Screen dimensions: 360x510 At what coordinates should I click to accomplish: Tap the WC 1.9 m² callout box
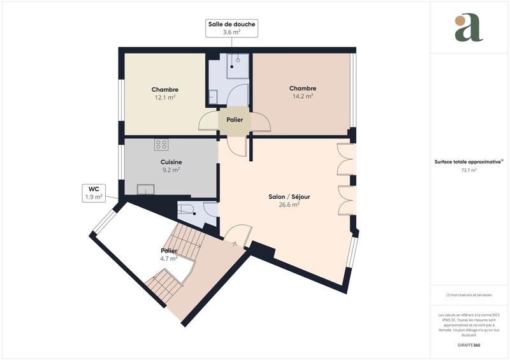click(x=94, y=193)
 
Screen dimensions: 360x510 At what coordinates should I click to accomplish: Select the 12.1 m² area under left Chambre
click(x=164, y=98)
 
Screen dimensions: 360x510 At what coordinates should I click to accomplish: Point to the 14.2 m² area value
click(x=302, y=97)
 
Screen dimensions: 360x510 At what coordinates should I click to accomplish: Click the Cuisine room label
click(x=171, y=162)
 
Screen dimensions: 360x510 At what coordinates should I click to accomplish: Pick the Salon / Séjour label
click(x=289, y=197)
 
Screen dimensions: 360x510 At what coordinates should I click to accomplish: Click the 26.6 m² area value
click(x=289, y=205)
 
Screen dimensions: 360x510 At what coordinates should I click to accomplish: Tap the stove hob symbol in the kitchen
click(x=161, y=145)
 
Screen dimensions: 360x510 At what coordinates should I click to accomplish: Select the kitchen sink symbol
click(x=146, y=189)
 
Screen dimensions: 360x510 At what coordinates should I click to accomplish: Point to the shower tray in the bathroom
click(x=237, y=63)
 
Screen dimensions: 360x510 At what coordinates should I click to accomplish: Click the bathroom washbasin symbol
click(x=212, y=97)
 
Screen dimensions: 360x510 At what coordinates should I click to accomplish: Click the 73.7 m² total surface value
click(x=469, y=170)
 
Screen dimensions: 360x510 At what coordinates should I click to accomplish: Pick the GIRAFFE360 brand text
click(x=469, y=344)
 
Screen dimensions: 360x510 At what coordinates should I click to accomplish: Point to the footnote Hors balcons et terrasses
click(x=469, y=295)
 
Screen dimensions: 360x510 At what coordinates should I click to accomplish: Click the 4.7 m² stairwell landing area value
click(x=168, y=259)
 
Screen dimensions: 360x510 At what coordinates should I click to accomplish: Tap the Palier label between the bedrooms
click(x=235, y=119)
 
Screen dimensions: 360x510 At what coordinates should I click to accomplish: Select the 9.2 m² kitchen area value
click(x=171, y=170)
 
